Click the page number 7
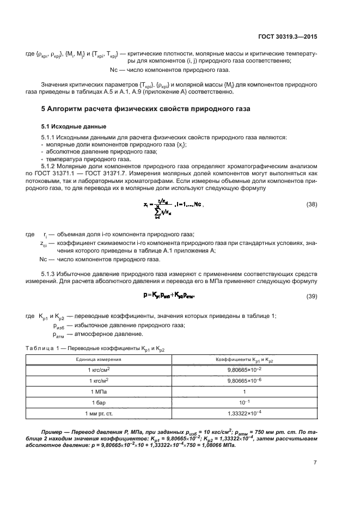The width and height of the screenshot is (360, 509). coord(315,462)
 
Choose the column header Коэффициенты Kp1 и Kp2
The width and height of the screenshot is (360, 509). coord(249,360)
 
